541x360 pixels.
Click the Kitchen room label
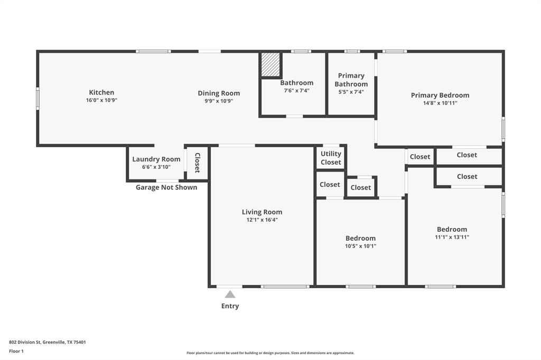coord(101,92)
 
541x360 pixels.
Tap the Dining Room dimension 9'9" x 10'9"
coord(219,101)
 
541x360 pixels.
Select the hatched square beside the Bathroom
coord(270,64)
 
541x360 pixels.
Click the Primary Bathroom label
coord(351,80)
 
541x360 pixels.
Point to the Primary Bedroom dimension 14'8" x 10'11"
coord(440,103)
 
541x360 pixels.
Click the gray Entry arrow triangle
coord(230,295)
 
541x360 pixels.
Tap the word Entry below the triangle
coord(230,306)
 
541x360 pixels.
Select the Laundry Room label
coord(156,159)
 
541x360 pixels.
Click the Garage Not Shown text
coord(166,187)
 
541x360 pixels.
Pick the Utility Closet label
coord(331,158)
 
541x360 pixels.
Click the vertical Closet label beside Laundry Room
coord(197,163)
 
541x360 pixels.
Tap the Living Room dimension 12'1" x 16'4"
coord(262,220)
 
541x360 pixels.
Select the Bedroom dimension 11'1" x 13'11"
coord(452,238)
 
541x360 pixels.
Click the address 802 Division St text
coord(47,342)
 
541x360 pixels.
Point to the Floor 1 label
coord(16,351)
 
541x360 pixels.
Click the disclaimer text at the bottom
coord(270,353)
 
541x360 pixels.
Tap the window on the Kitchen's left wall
coord(38,98)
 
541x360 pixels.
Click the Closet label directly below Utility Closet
coord(330,184)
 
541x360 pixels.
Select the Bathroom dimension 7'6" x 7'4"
coord(296,91)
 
